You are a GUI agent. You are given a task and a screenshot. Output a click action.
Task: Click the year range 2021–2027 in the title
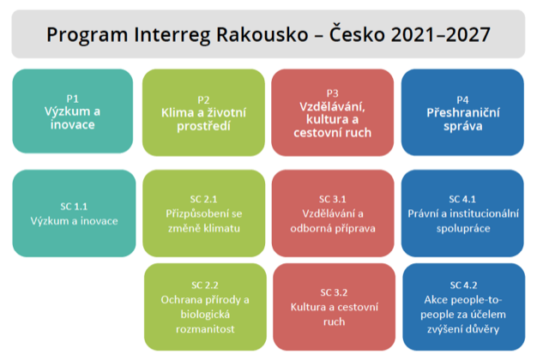coord(440,34)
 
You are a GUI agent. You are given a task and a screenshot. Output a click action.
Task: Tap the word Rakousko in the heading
coord(262,34)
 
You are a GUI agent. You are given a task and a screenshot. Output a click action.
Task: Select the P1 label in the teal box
coord(72,99)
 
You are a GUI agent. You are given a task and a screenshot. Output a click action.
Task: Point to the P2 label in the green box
coord(203,100)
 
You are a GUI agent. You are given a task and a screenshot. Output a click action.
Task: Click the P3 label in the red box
coord(332,93)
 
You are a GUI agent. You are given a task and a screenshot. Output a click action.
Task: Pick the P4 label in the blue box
coord(462,100)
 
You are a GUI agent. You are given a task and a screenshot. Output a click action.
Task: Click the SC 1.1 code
coord(74,207)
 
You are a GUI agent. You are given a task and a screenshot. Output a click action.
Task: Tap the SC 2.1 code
coord(204,200)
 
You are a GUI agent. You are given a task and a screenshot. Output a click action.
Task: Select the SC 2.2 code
coord(205,285)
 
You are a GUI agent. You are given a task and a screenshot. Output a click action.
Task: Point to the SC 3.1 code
coord(333,200)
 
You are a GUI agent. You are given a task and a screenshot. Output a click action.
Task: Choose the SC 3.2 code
coord(334,292)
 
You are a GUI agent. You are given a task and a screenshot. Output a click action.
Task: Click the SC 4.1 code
coord(462,200)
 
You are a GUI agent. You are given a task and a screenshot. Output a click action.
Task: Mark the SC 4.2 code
coord(463,285)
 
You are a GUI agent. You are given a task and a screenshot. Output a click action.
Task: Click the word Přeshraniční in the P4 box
coord(463,112)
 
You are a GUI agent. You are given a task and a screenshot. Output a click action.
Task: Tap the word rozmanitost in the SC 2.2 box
coord(205,329)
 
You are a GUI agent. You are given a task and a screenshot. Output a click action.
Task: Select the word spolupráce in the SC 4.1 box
coord(463,229)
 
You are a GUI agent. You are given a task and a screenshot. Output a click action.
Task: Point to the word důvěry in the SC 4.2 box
coord(482,329)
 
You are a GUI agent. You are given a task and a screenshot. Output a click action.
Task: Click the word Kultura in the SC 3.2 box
coord(307,307)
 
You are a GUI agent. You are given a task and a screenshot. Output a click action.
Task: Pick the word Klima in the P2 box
coord(178,112)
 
